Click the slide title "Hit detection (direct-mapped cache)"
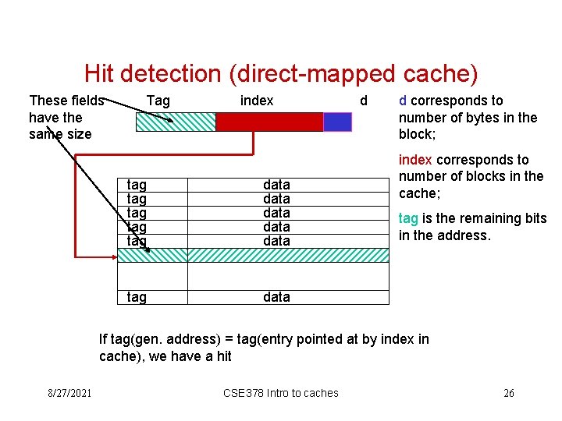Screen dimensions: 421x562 [x=280, y=74]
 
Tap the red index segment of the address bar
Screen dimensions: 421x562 [x=269, y=122]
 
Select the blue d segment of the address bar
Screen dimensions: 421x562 [x=337, y=122]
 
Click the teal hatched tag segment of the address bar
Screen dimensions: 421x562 [x=176, y=122]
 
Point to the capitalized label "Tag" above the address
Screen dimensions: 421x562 [x=158, y=101]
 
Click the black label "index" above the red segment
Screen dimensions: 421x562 [x=257, y=101]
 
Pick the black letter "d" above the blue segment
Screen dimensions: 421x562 [x=363, y=101]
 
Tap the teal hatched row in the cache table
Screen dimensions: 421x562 [x=252, y=255]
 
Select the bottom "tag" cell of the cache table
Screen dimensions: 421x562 [x=137, y=297]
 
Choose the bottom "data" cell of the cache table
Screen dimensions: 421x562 [x=276, y=297]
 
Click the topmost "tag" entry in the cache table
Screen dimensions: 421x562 [x=137, y=185]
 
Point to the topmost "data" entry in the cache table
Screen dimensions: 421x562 [x=276, y=185]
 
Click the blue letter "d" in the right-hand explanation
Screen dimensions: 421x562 [x=403, y=101]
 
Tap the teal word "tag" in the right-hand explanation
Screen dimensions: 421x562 [x=408, y=218]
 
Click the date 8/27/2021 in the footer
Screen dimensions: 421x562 [x=68, y=393]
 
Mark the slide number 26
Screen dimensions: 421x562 [x=508, y=393]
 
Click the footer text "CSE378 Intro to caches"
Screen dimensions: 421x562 [x=281, y=393]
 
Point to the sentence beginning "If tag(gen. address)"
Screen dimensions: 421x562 [x=264, y=347]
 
